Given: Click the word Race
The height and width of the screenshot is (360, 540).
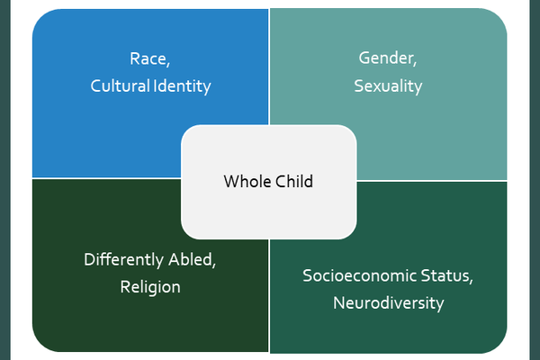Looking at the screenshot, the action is (x=148, y=58).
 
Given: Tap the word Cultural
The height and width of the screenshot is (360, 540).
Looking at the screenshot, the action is (x=121, y=85).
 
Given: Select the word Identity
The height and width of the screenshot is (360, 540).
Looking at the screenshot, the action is (x=182, y=86).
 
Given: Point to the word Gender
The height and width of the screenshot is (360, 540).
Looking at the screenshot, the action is (x=386, y=58).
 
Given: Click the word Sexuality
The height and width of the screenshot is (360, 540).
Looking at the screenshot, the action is (x=388, y=86).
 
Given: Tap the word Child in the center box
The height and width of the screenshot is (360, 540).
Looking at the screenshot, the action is (x=294, y=181).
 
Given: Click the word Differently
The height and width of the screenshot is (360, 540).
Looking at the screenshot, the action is (x=124, y=260).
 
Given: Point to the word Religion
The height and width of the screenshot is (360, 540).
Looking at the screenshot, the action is (x=150, y=288).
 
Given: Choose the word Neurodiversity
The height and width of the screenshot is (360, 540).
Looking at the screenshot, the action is (x=389, y=304).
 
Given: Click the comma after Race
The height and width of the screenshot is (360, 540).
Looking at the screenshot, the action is (x=168, y=64).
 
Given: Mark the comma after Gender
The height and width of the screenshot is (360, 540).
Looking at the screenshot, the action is (x=415, y=63).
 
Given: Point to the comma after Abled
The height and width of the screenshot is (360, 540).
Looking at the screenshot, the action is (x=214, y=265).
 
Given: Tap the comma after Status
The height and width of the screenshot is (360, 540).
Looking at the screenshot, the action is (x=472, y=281).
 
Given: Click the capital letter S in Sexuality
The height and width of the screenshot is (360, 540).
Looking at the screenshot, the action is (x=358, y=85).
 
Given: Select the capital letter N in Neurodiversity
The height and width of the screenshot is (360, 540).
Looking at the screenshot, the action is (x=339, y=302).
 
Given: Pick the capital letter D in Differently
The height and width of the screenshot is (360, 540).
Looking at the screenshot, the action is (x=89, y=259).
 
